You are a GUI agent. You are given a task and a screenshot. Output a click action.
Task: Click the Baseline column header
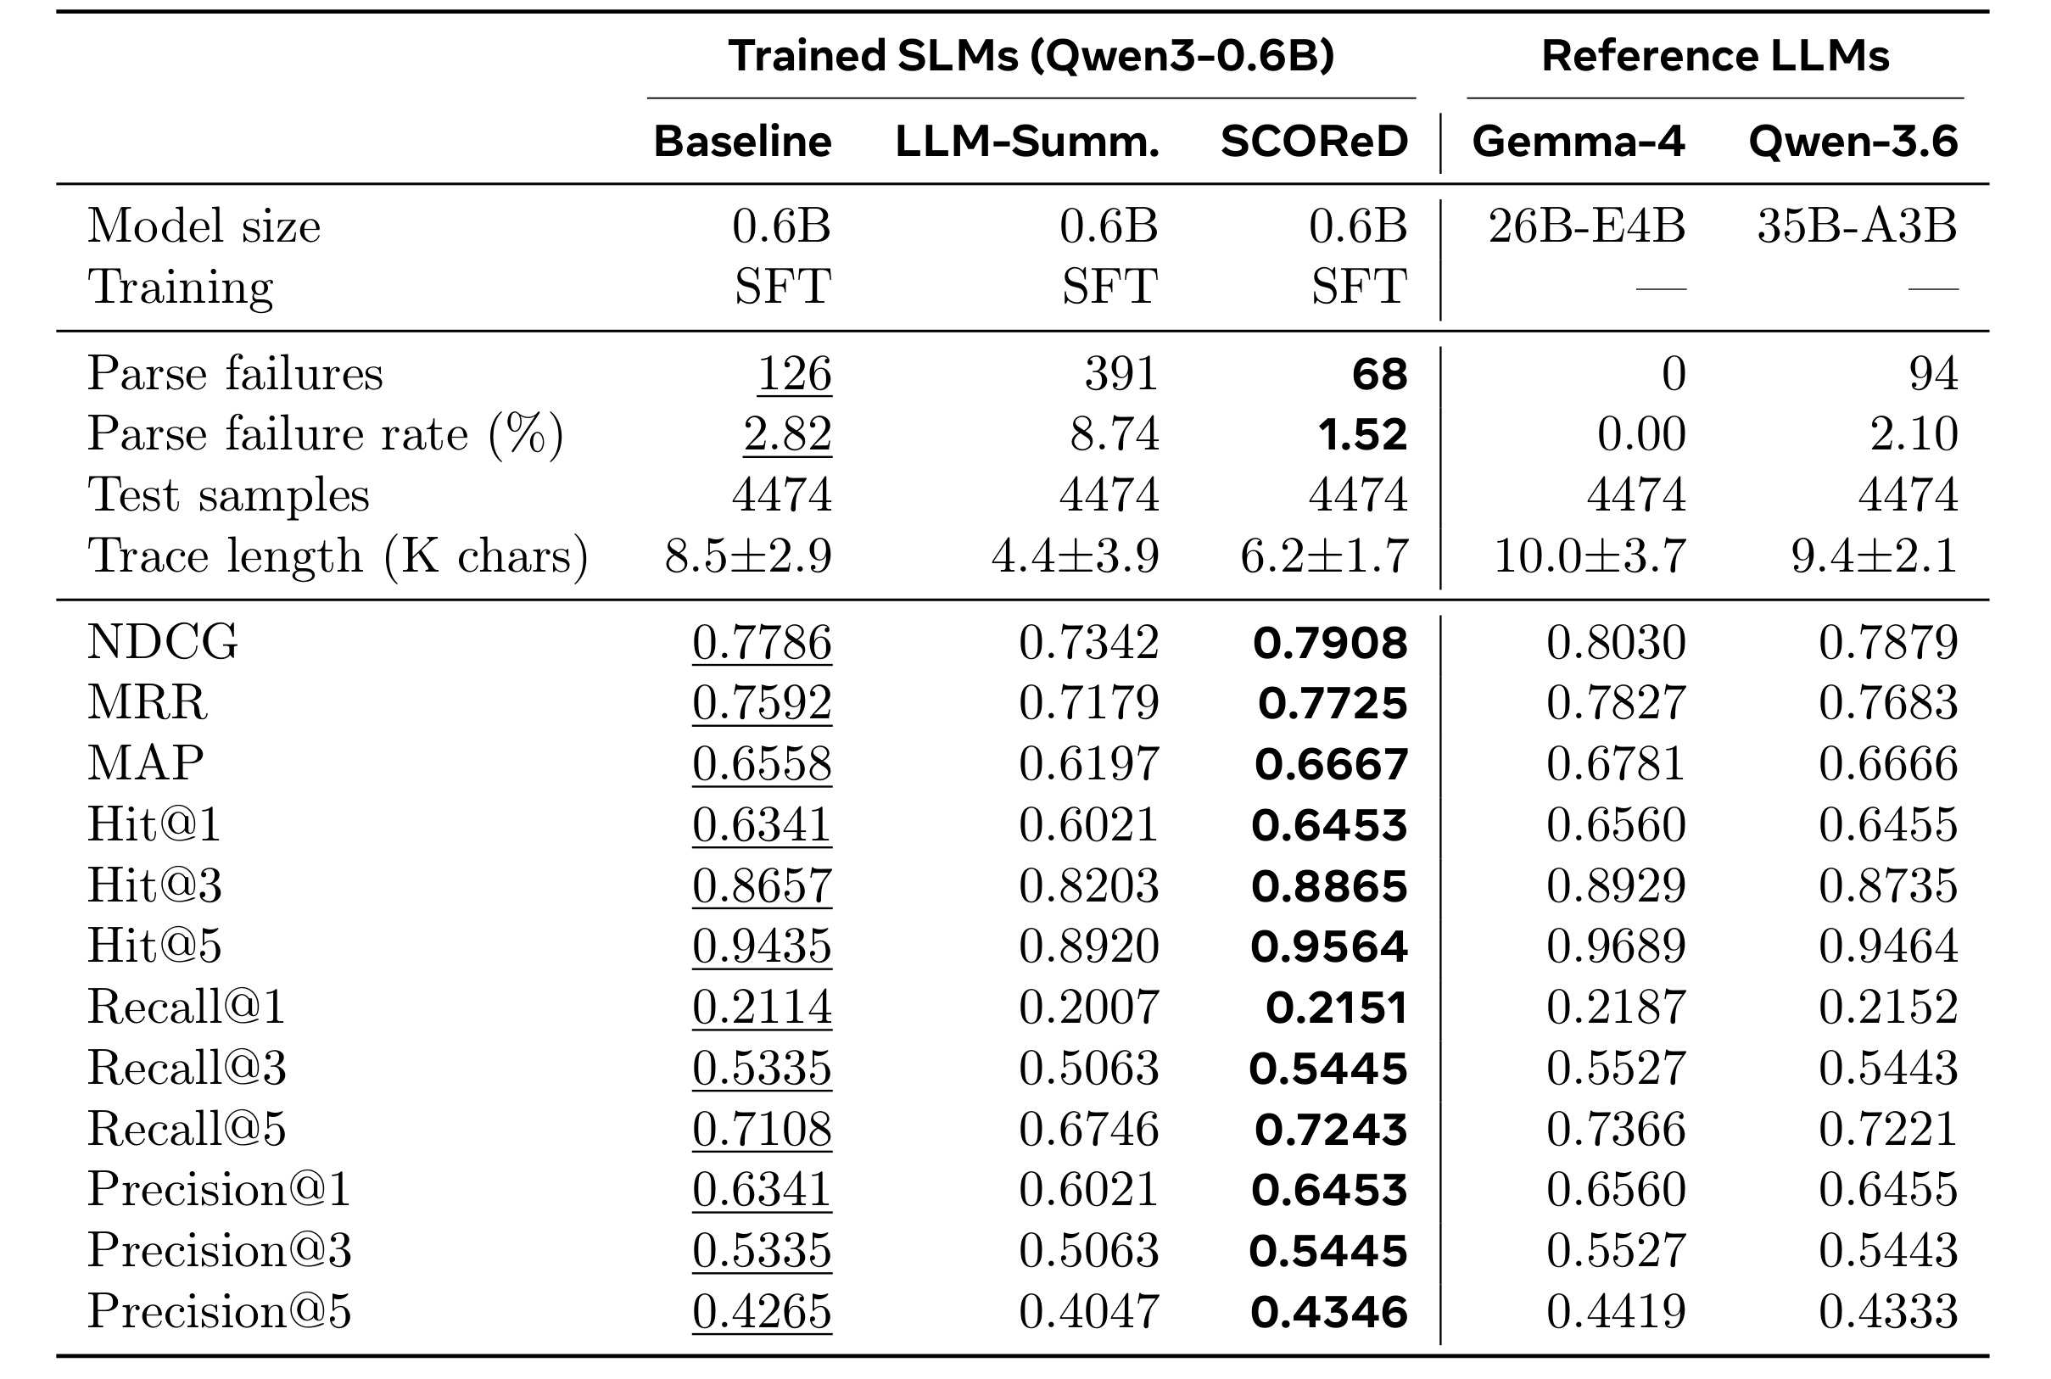click(x=742, y=142)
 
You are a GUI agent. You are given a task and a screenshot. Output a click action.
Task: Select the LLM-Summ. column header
click(x=1027, y=142)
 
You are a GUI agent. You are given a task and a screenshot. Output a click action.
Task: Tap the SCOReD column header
click(x=1314, y=142)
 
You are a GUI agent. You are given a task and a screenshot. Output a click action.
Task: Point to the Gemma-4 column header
click(x=1579, y=142)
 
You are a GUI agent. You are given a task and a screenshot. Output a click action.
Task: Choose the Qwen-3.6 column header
click(x=1853, y=142)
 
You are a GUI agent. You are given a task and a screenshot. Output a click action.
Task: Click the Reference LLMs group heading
click(x=1715, y=56)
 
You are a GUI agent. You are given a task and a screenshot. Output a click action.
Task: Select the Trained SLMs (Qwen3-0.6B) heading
click(x=1031, y=56)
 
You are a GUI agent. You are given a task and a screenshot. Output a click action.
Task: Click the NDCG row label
click(x=163, y=641)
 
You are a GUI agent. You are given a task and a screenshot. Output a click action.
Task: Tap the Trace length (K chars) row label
click(x=338, y=556)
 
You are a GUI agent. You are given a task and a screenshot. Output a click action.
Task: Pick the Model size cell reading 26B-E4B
click(x=1587, y=226)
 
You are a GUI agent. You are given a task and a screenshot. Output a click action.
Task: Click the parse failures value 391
click(x=1121, y=374)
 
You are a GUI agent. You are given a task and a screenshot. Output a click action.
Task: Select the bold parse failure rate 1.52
click(x=1362, y=434)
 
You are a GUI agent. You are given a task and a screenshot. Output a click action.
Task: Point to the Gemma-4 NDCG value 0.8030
click(x=1616, y=642)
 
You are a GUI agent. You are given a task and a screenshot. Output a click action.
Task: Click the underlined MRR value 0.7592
click(x=762, y=703)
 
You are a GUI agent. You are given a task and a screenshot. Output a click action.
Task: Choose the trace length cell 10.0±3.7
click(x=1590, y=556)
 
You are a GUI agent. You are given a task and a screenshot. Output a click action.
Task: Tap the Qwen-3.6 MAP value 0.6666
click(x=1888, y=763)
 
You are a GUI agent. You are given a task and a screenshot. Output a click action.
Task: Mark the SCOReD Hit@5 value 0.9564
click(x=1329, y=946)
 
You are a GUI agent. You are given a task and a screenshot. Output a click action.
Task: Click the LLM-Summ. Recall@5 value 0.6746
click(x=1089, y=1129)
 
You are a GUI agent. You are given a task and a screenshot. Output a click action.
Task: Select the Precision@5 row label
click(x=219, y=1311)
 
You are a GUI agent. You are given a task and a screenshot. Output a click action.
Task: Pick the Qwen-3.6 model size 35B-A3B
click(x=1858, y=226)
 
